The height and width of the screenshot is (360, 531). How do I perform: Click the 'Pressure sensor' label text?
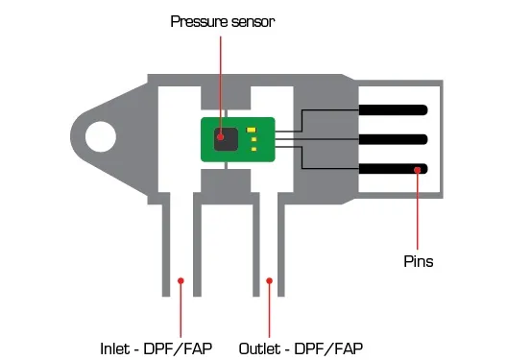coord(223,20)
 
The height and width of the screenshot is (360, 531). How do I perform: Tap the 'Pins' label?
coord(418,260)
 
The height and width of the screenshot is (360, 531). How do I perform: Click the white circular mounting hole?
coord(99,138)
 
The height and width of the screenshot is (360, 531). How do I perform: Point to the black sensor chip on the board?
coord(225,137)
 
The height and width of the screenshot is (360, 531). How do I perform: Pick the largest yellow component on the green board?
coord(252,131)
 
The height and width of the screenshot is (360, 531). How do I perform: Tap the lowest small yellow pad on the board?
coord(253,149)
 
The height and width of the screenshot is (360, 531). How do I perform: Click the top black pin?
coord(394,108)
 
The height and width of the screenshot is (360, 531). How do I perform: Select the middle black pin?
coord(394,139)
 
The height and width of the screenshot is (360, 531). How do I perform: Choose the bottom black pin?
coord(394,169)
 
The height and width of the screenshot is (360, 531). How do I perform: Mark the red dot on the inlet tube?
coord(181,280)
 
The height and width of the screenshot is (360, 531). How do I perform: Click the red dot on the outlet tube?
coord(270,280)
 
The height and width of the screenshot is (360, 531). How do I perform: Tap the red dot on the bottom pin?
coord(418,170)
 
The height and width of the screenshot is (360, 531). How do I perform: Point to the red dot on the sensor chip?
coord(223,136)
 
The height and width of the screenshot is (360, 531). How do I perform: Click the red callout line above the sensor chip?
coord(223,77)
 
